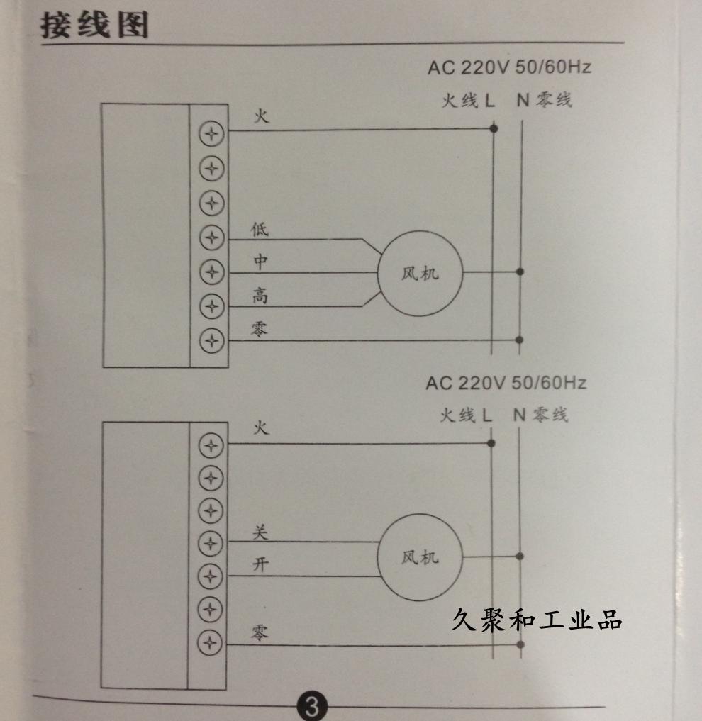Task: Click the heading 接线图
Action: click(94, 26)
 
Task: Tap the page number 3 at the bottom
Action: click(312, 706)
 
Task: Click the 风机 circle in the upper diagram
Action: click(420, 273)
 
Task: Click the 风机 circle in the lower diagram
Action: click(420, 557)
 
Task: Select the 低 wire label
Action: click(260, 230)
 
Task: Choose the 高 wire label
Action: click(260, 296)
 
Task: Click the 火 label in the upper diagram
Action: click(262, 116)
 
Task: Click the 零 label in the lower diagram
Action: click(260, 631)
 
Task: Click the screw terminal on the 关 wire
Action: click(211, 543)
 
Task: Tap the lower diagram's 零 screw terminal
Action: click(211, 642)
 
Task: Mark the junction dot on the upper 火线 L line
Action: click(494, 129)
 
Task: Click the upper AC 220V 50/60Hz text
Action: click(508, 68)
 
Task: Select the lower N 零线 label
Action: click(541, 415)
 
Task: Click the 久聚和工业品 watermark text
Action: click(536, 621)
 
